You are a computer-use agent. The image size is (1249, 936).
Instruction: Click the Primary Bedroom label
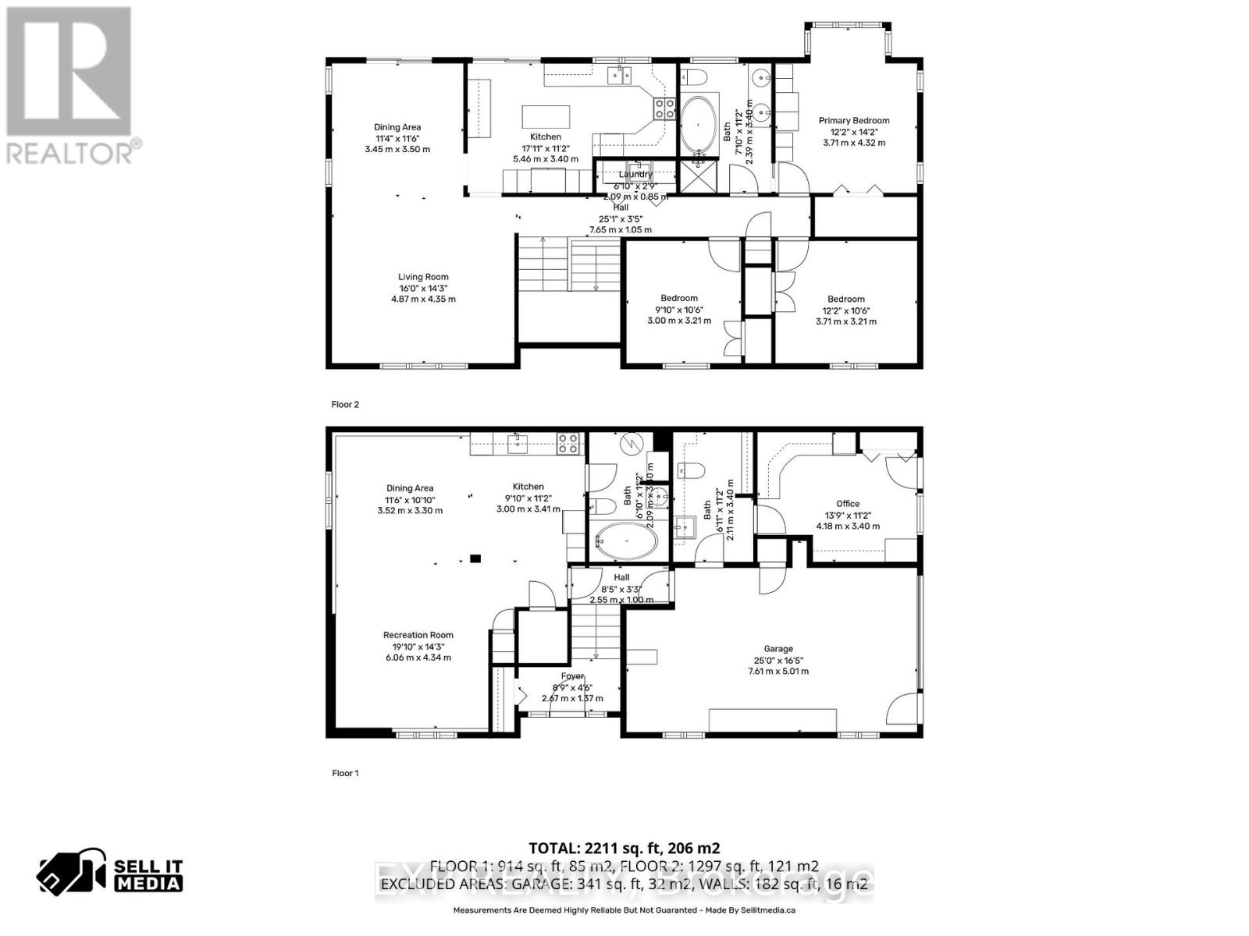(x=854, y=121)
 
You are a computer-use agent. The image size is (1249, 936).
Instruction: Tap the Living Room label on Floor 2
(x=423, y=277)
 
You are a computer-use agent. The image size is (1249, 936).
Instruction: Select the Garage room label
(x=778, y=649)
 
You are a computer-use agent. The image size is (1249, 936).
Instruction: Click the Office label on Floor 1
(x=848, y=504)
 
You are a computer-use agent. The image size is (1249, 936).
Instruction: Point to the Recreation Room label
(x=418, y=635)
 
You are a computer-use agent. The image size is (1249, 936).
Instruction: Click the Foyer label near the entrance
(x=572, y=677)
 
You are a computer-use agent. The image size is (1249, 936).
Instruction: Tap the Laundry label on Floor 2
(x=635, y=175)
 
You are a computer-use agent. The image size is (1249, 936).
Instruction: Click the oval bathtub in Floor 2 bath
(x=699, y=125)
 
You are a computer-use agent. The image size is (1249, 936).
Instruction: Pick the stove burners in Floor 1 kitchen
(x=568, y=444)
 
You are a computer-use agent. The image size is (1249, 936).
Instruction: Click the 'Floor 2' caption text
(x=345, y=405)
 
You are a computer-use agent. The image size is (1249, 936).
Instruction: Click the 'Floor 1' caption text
(x=345, y=774)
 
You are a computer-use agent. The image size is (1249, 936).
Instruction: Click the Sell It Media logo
(x=111, y=875)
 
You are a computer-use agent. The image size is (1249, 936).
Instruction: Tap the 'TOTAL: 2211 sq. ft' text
(x=624, y=849)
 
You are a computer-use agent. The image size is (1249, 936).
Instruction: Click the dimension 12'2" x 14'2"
(x=854, y=132)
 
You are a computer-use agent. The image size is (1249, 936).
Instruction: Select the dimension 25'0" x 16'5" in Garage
(x=778, y=660)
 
